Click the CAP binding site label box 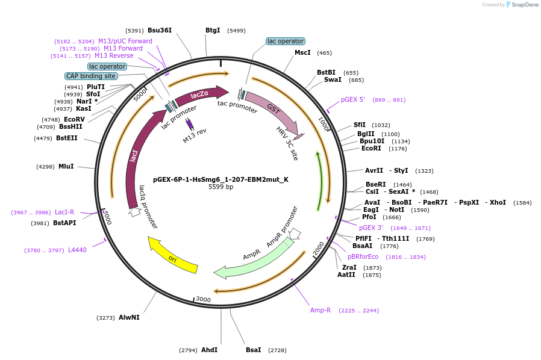(x=91, y=76)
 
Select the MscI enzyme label (x=302, y=53)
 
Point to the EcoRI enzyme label (x=371, y=148)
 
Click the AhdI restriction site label (x=209, y=350)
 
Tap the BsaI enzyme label (x=254, y=350)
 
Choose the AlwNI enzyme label (x=129, y=317)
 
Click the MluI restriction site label (x=66, y=166)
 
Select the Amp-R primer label (x=321, y=311)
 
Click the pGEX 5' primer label (x=353, y=100)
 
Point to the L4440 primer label (x=77, y=250)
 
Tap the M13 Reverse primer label (x=114, y=56)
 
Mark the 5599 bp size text (x=220, y=187)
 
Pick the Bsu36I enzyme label (x=160, y=30)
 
